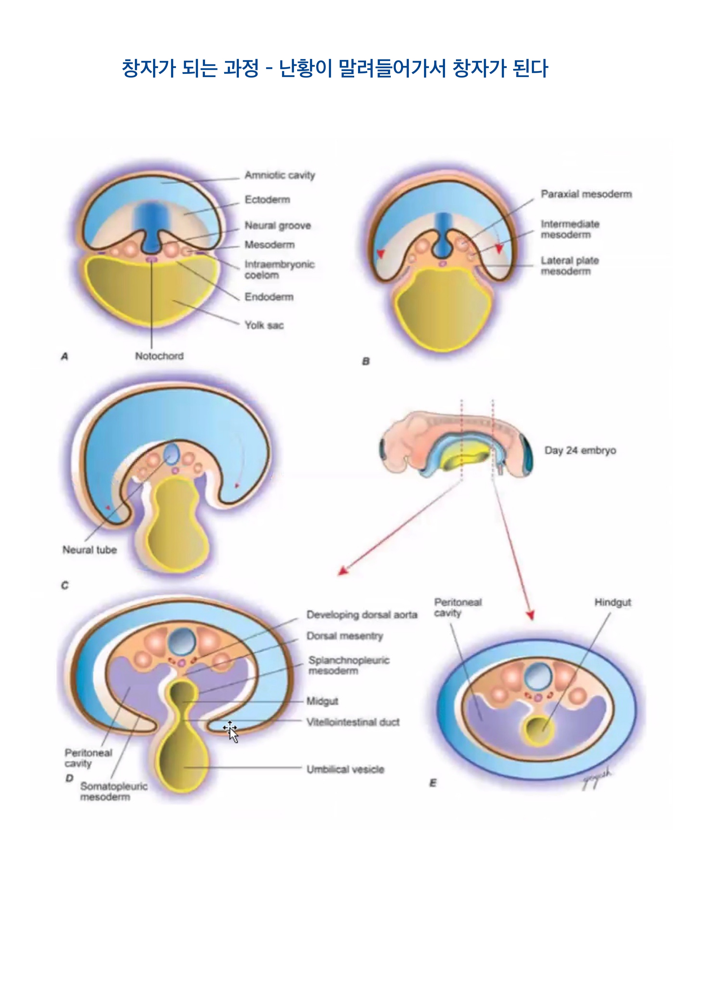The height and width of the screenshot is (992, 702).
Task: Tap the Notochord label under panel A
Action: [159, 356]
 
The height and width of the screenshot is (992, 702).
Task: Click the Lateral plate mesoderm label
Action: [570, 266]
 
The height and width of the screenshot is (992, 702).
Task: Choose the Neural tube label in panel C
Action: [89, 550]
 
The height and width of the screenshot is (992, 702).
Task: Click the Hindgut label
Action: [613, 602]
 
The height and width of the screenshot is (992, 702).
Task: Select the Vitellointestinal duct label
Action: [353, 722]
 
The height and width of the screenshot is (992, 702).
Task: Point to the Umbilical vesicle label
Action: [345, 769]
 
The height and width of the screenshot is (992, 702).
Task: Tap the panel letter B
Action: [366, 361]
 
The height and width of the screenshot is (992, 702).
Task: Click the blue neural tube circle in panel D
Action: [182, 641]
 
